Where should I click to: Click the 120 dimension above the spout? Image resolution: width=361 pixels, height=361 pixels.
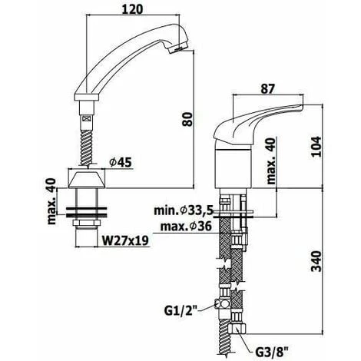133,9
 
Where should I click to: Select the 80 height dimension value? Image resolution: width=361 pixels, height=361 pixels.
187,119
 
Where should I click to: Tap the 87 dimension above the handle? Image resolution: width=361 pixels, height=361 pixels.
267,88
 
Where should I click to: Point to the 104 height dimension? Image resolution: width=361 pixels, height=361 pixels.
316,147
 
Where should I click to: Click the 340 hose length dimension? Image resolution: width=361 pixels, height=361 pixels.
316,261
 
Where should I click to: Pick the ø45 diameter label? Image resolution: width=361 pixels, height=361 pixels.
121,162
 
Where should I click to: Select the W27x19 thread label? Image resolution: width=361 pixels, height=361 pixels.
125,240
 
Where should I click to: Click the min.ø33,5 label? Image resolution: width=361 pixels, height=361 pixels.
184,210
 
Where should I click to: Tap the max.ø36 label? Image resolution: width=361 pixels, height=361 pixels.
186,226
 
